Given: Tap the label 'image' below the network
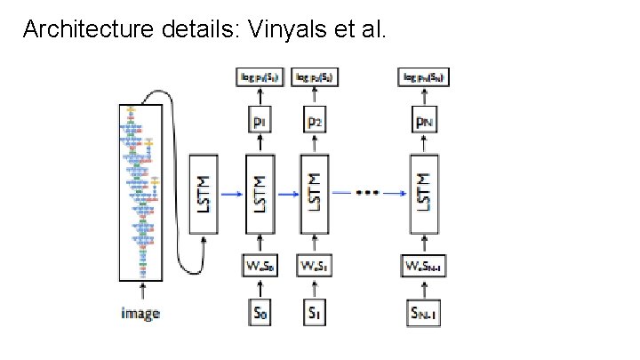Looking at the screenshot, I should click(140, 313).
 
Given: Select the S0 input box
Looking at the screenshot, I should click(260, 312).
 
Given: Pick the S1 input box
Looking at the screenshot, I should click(314, 312).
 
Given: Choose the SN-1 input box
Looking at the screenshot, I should click(425, 312).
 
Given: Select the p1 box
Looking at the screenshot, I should click(260, 120).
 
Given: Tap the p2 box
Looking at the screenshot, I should click(314, 120).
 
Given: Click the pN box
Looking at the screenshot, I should click(425, 120).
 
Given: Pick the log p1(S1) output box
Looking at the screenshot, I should click(260, 77).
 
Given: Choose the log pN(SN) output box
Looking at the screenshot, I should click(425, 77).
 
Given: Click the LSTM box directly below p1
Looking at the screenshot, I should click(260, 195).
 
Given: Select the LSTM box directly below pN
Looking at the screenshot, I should click(425, 195).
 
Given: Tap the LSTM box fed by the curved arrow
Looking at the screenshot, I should click(204, 195).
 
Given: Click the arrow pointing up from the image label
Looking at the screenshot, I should click(140, 292).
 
